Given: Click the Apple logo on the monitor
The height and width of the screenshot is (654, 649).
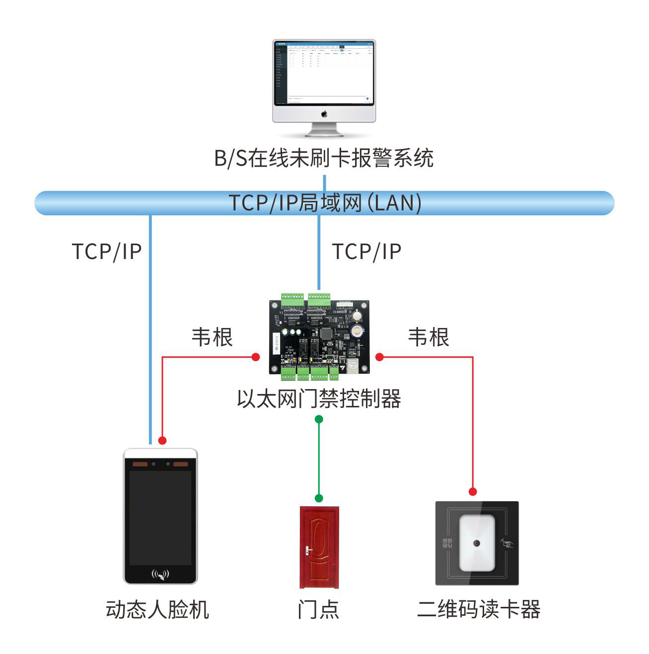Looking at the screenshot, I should (324, 114).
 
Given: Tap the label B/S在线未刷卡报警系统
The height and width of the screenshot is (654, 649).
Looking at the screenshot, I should (324, 158).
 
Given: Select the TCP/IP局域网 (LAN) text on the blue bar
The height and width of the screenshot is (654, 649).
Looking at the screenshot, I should (325, 203).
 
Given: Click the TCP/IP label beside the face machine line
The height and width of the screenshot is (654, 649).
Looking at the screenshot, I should (107, 252).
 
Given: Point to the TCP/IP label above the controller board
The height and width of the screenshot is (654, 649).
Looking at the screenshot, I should (366, 252).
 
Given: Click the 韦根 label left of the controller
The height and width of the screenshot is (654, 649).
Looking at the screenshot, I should (212, 337).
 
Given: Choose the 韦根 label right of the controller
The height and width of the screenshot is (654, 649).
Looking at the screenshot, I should (429, 337).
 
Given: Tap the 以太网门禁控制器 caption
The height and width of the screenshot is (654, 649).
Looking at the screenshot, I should (319, 398).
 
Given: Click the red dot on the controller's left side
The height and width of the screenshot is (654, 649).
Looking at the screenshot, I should (256, 357).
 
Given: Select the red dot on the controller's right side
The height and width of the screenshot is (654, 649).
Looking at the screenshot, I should (380, 357).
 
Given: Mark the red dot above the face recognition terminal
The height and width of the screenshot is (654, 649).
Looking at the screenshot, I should (162, 440).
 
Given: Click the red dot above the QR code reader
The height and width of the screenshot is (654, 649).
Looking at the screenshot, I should (473, 492).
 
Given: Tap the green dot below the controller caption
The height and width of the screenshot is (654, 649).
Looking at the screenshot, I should (319, 419).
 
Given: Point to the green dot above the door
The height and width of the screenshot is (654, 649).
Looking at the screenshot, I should (319, 498).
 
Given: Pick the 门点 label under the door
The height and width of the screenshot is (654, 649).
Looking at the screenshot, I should (318, 609).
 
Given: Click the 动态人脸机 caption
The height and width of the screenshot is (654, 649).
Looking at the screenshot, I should (157, 609).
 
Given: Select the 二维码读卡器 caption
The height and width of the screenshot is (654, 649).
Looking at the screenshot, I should (479, 609).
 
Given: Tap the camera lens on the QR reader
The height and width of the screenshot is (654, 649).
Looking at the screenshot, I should (477, 543).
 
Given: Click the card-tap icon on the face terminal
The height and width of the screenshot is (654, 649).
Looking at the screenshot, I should (160, 575).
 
